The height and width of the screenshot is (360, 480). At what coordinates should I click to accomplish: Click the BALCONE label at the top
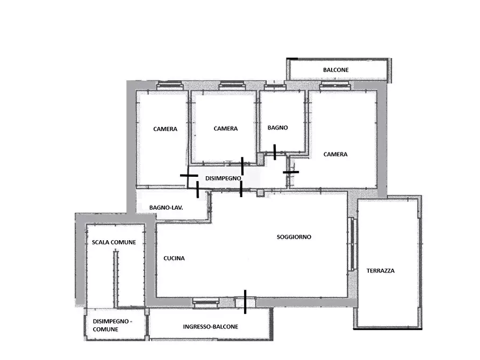tap(336, 70)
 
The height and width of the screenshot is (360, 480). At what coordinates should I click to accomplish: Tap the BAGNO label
tap(278, 128)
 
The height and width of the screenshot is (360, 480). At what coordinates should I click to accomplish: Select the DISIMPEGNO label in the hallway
tap(223, 178)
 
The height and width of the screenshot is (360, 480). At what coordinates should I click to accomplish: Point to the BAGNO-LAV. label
tap(166, 207)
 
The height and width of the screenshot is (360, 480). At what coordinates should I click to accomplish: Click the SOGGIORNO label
tap(294, 237)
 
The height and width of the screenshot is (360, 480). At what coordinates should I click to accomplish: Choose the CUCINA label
tap(174, 258)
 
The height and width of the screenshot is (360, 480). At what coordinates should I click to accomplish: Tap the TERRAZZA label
tap(381, 271)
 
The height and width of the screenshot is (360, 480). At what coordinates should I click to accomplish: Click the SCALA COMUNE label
tap(114, 242)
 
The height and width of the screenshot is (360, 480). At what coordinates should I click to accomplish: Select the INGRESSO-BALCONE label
tap(211, 327)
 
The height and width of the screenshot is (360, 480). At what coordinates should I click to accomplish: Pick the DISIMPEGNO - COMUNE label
tap(112, 326)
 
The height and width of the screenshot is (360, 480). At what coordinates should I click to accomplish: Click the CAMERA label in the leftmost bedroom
tap(166, 129)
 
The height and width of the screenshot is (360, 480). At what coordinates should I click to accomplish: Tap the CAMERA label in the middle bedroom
tap(226, 128)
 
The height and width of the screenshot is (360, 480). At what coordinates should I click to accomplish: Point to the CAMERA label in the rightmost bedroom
tap(335, 154)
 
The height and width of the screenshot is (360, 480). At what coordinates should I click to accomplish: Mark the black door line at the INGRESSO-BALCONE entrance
tap(245, 302)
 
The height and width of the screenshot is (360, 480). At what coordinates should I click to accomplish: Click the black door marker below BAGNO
tap(275, 152)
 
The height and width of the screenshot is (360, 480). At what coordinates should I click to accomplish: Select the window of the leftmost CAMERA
tap(169, 85)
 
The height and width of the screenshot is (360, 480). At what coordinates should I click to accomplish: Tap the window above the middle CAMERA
tap(232, 85)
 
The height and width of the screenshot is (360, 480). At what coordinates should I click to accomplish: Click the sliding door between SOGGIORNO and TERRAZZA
tap(352, 244)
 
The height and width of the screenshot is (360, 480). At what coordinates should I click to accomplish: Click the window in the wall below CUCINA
tap(206, 303)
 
